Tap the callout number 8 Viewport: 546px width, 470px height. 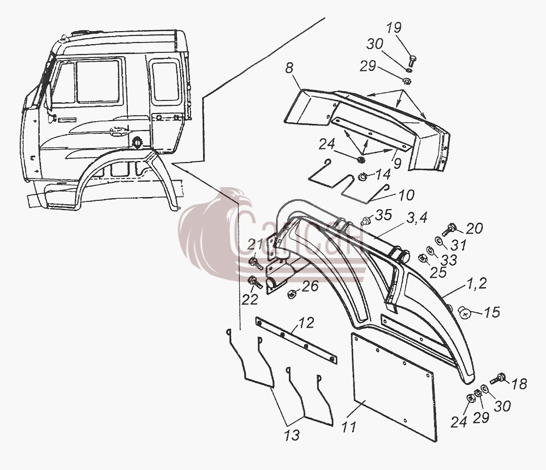(x=289, y=68)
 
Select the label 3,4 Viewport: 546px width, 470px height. (x=417, y=218)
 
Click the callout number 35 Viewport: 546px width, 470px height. (x=383, y=215)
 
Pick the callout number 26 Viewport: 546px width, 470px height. (x=311, y=286)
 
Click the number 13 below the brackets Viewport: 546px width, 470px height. (x=292, y=435)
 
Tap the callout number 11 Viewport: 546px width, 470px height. (x=349, y=427)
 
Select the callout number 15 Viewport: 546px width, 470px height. (x=492, y=312)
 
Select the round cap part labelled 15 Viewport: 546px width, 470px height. (x=464, y=312)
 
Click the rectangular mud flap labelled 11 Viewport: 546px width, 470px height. (x=394, y=386)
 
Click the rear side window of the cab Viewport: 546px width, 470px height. (x=166, y=81)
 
